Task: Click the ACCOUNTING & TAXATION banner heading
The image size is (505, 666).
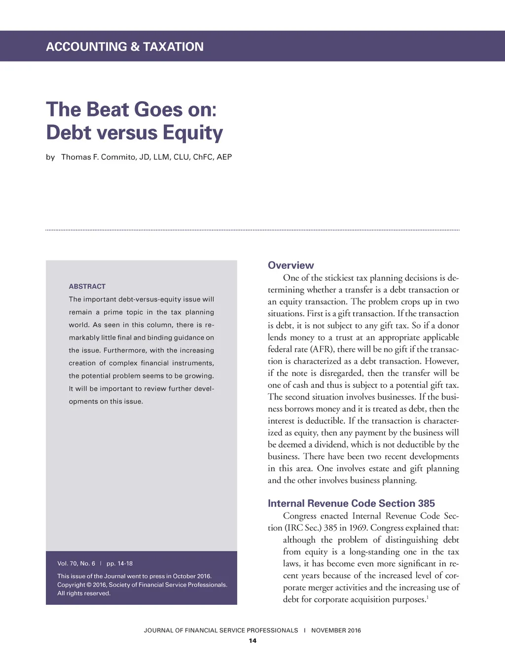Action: point(125,47)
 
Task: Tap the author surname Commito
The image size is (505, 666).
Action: point(118,157)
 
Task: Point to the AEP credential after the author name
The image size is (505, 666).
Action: point(224,157)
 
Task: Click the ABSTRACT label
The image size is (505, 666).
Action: point(87,287)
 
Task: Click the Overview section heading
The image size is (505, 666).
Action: point(290,265)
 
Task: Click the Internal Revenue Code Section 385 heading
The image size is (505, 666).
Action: point(351,504)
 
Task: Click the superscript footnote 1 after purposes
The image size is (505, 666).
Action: point(427,597)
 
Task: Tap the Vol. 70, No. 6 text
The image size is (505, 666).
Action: point(76,563)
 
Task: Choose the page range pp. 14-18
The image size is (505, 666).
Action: point(119,563)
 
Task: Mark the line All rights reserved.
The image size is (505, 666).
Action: point(84,593)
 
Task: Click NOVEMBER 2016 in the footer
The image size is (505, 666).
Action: point(336,630)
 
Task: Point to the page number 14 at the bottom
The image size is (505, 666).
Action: point(252,641)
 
